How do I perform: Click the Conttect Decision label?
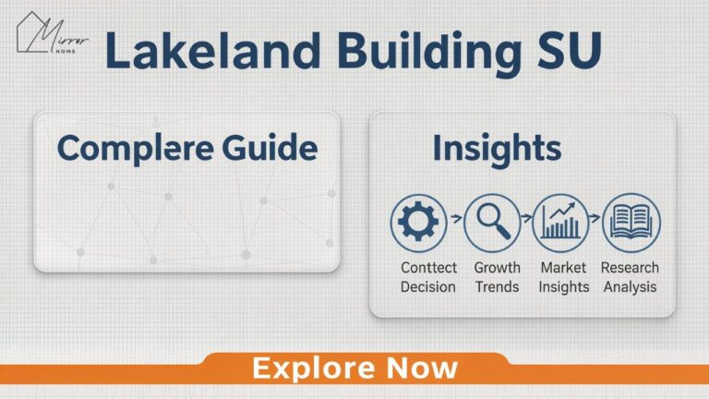click(427, 277)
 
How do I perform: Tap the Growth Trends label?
click(497, 277)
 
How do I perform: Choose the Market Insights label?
click(564, 277)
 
